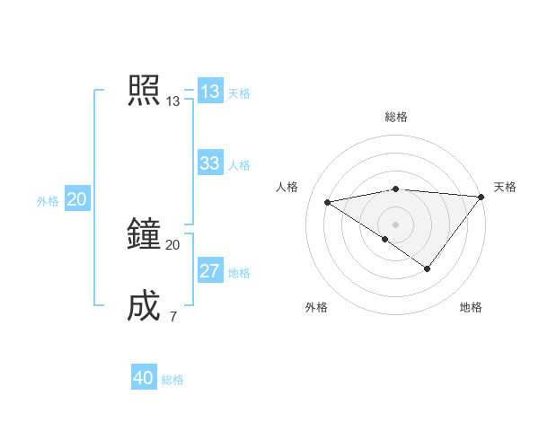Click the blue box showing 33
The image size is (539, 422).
(x=210, y=163)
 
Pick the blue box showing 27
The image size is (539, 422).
(x=210, y=271)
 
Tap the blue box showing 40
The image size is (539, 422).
(x=144, y=378)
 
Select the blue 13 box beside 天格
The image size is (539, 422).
(x=210, y=92)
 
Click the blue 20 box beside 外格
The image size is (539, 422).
(x=76, y=199)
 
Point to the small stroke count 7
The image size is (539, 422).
(x=172, y=316)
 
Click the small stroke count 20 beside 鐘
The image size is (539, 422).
(x=172, y=245)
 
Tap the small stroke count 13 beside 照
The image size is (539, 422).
(x=172, y=101)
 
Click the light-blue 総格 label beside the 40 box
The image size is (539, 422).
(x=172, y=380)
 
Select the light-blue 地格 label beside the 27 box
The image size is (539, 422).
(x=239, y=273)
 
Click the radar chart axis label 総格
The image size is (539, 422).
(x=396, y=117)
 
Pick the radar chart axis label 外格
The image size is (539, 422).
(x=316, y=307)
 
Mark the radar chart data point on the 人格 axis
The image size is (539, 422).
(x=328, y=202)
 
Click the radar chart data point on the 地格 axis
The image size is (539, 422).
(x=428, y=268)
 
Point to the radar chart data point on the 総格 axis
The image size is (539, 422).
(x=396, y=189)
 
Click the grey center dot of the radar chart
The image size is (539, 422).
(x=396, y=224)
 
